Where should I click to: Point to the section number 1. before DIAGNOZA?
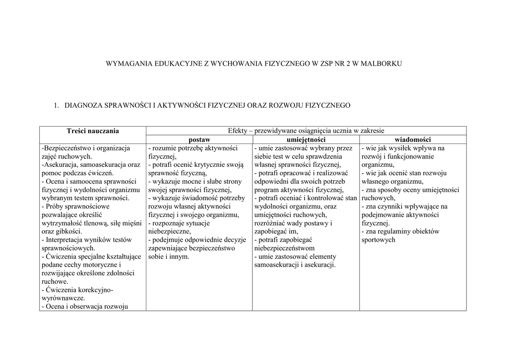pos(56,105)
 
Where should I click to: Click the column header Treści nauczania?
pos(93,131)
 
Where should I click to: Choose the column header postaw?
pos(199,140)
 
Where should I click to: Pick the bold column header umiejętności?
pos(306,140)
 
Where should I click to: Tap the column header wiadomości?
pos(412,140)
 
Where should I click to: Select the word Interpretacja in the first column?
pos(66,240)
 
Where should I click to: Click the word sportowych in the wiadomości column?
pos(379,240)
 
